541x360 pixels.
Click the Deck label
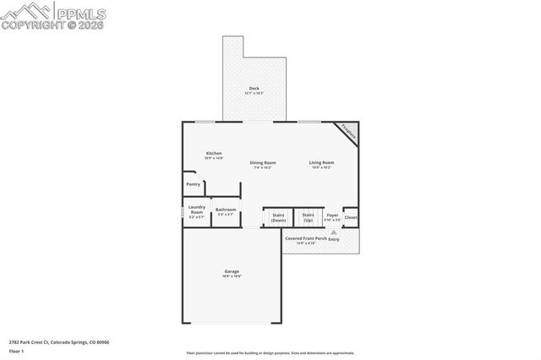click(x=254, y=89)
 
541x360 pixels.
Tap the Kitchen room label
click(x=213, y=153)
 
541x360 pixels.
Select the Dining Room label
click(x=263, y=162)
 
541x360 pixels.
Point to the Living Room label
click(x=321, y=162)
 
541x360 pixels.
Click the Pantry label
click(x=194, y=183)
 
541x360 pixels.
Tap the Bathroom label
click(x=226, y=210)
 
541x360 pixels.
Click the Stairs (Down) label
click(x=278, y=217)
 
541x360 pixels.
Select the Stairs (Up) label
click(x=308, y=217)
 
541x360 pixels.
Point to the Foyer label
click(x=332, y=215)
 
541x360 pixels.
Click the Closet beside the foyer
click(x=351, y=217)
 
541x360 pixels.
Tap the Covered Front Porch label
click(x=305, y=238)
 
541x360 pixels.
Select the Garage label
click(x=232, y=271)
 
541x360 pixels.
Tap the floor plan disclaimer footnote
click(x=270, y=353)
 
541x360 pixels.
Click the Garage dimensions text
click(x=232, y=276)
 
